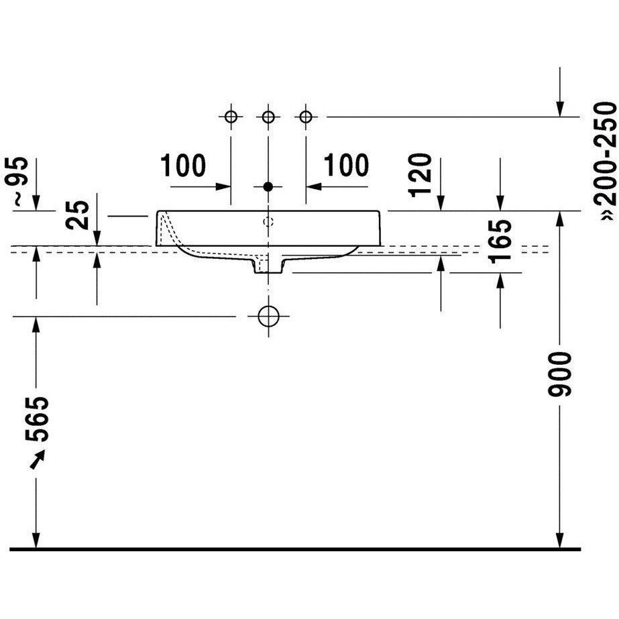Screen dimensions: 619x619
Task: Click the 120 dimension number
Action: coord(420,174)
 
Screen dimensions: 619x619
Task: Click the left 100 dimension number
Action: coord(182,165)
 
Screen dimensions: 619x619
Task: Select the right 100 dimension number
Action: coord(346,165)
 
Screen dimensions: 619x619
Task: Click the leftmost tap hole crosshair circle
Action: coord(231,117)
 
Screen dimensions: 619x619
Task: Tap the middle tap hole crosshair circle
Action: coord(268,117)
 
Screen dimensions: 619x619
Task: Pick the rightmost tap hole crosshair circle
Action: coord(306,117)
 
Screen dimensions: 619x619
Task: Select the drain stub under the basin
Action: coord(268,266)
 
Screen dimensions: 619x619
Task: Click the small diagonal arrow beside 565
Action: coord(38,458)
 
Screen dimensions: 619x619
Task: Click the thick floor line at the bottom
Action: coord(295,549)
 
